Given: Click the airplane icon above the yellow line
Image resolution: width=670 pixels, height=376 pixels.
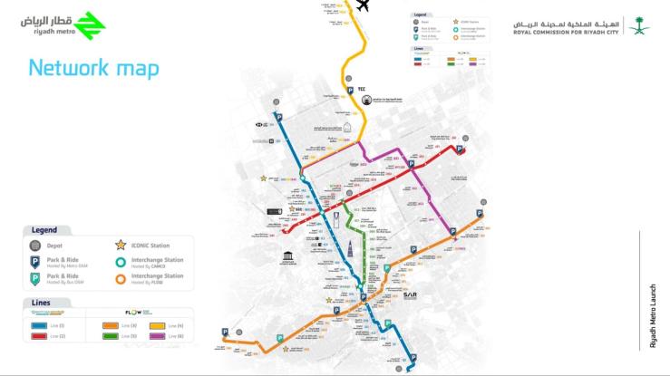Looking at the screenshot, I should [364, 5].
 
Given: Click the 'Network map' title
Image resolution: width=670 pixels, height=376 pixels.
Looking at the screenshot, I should [93, 68].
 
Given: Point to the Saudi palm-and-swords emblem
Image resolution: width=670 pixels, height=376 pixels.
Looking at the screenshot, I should [638, 24].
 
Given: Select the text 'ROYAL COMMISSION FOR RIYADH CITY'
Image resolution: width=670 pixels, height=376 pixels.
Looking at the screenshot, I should [567, 33].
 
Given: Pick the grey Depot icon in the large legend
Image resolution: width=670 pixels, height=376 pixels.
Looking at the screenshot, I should [36, 246].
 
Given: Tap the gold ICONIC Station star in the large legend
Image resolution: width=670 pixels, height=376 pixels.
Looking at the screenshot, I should [120, 246].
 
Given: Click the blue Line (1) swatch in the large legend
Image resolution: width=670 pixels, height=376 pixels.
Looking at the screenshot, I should [40, 324].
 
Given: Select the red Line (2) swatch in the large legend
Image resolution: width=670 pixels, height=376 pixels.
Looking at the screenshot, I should [40, 336].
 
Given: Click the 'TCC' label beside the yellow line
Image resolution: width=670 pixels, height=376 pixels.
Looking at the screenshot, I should [362, 89].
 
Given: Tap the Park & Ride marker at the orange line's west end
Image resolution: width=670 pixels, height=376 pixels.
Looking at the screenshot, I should [226, 333].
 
